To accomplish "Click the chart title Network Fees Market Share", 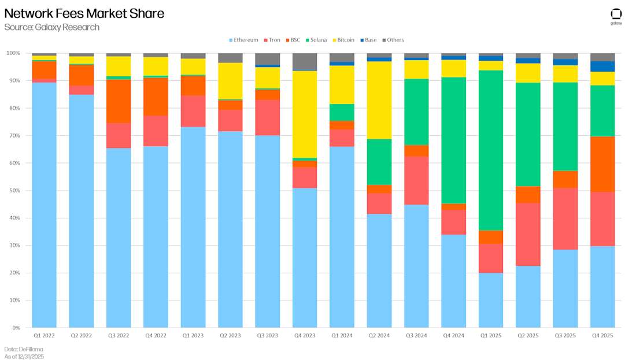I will coord(84,13).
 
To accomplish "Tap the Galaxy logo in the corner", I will coord(616,16).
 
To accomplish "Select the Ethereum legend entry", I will coord(243,40).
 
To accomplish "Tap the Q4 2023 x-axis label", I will coord(304,335).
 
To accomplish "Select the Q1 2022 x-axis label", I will coord(44,335).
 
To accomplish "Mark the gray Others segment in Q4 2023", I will coord(304,61).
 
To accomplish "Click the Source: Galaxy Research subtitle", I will coord(52,27).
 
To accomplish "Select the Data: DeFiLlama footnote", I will coord(24,349).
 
